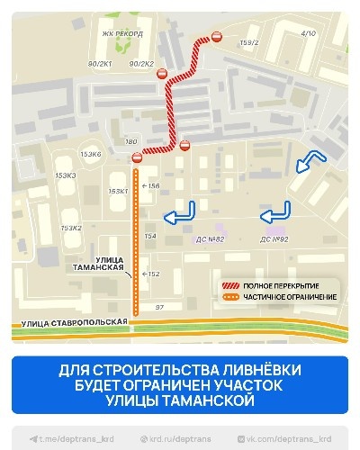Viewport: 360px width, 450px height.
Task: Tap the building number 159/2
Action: click(249, 42)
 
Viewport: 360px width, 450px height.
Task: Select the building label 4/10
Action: click(309, 33)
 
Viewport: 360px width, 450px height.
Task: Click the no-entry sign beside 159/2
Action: click(216, 36)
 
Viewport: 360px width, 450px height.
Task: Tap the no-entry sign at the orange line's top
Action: click(137, 159)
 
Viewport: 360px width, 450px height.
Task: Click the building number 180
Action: click(131, 142)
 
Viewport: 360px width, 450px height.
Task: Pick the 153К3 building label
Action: click(65, 175)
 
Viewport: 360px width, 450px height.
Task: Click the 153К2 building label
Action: click(70, 228)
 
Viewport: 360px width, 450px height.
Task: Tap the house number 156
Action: click(153, 186)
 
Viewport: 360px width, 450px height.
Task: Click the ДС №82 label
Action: click(209, 238)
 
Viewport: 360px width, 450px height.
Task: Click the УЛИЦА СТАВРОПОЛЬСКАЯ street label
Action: click(70, 320)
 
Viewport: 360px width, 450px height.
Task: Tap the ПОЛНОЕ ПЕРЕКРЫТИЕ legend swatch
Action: click(231, 285)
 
